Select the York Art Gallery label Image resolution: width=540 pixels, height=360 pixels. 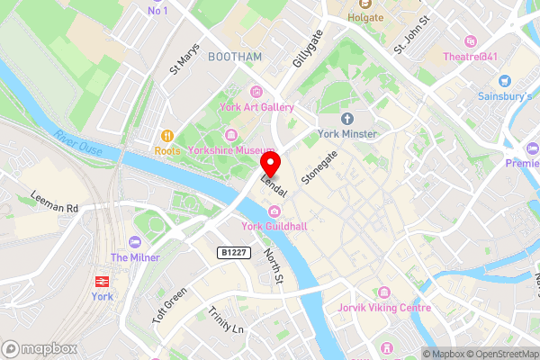tap(257, 108)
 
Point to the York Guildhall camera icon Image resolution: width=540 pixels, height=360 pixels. tap(262, 211)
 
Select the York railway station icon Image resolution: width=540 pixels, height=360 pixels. tap(99, 281)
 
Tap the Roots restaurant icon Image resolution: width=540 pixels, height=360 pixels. tap(166, 136)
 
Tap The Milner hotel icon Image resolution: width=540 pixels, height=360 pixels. tap(135, 242)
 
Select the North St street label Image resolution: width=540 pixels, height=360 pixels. tap(273, 269)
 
